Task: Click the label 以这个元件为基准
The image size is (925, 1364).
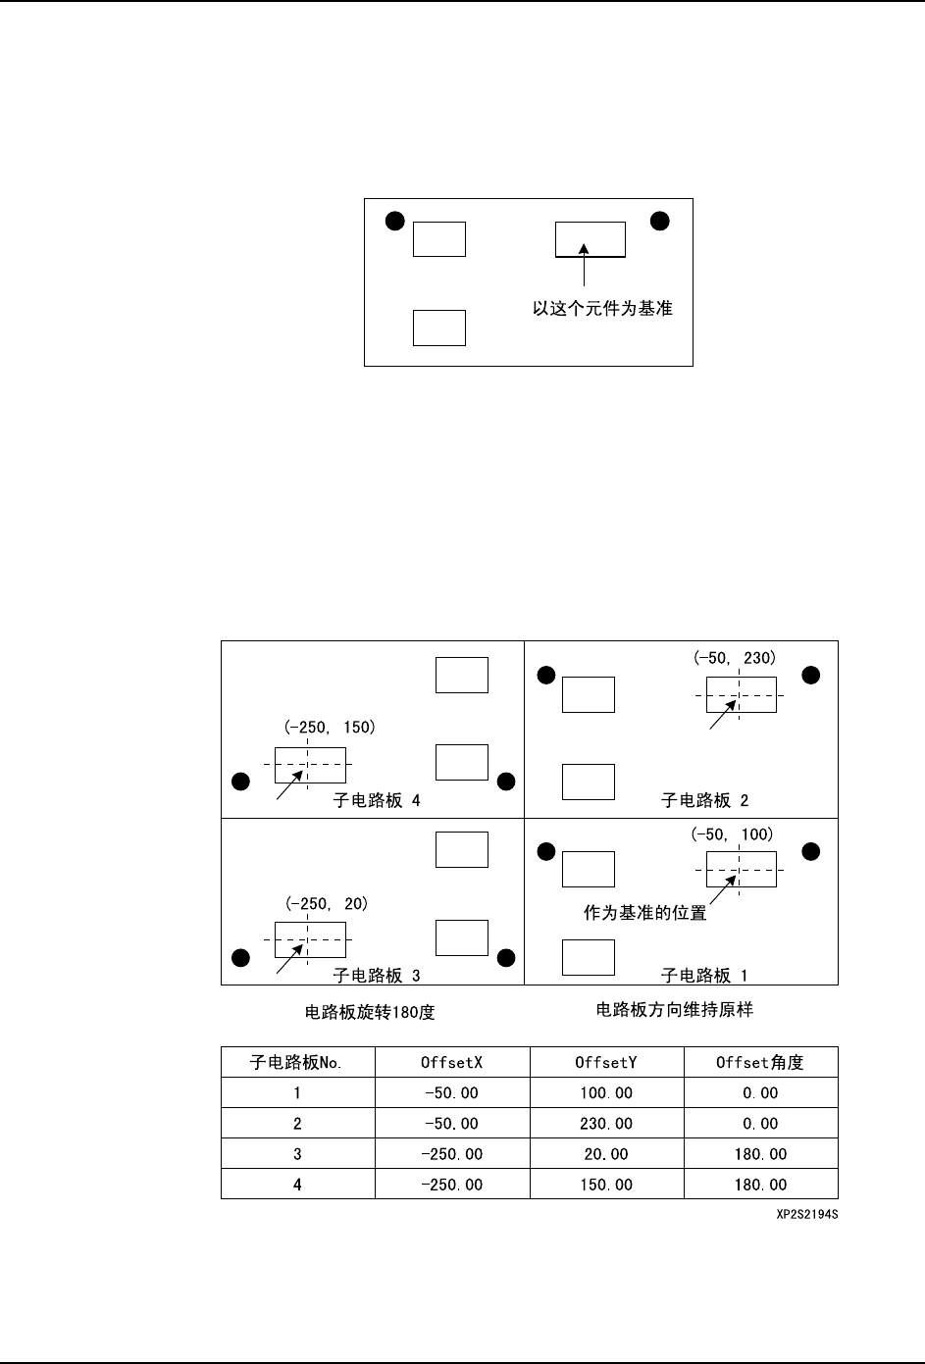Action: coord(602,308)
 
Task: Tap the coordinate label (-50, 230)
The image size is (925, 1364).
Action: coord(733,659)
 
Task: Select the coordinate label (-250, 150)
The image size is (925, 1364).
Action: coord(331,728)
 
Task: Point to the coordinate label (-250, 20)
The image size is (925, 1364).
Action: coord(327,904)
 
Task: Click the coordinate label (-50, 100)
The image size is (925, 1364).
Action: coord(733,834)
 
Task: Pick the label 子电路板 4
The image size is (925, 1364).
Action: coord(378,800)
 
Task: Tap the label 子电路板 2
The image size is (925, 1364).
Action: coord(705,800)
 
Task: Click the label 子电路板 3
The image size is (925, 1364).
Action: coord(378,976)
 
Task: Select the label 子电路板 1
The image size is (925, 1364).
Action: coord(705,976)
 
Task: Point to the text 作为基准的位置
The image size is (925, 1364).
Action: coord(644,913)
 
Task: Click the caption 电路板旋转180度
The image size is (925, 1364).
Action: coord(370,1012)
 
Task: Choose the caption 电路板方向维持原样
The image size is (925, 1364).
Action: coord(674,1009)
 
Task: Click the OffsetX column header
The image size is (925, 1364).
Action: coord(451,1062)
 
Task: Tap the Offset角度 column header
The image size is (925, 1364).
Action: coord(760,1062)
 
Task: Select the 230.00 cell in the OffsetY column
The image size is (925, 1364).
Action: coord(606,1124)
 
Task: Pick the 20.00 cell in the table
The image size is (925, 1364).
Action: coord(606,1154)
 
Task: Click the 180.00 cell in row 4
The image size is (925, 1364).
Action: coord(760,1185)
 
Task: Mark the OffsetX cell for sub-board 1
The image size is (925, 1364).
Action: coord(451,1092)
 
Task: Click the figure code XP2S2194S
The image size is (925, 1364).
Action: coord(805,1214)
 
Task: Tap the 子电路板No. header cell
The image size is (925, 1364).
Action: coord(297,1062)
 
